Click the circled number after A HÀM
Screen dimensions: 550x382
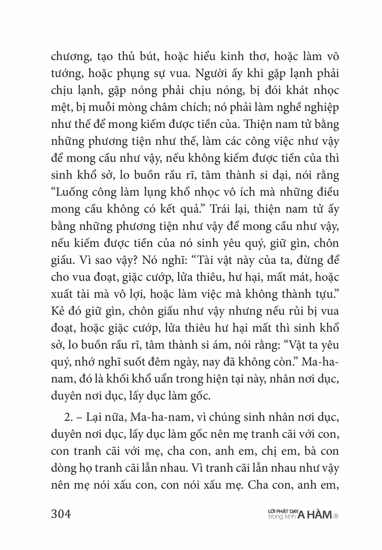[x=336, y=516]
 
